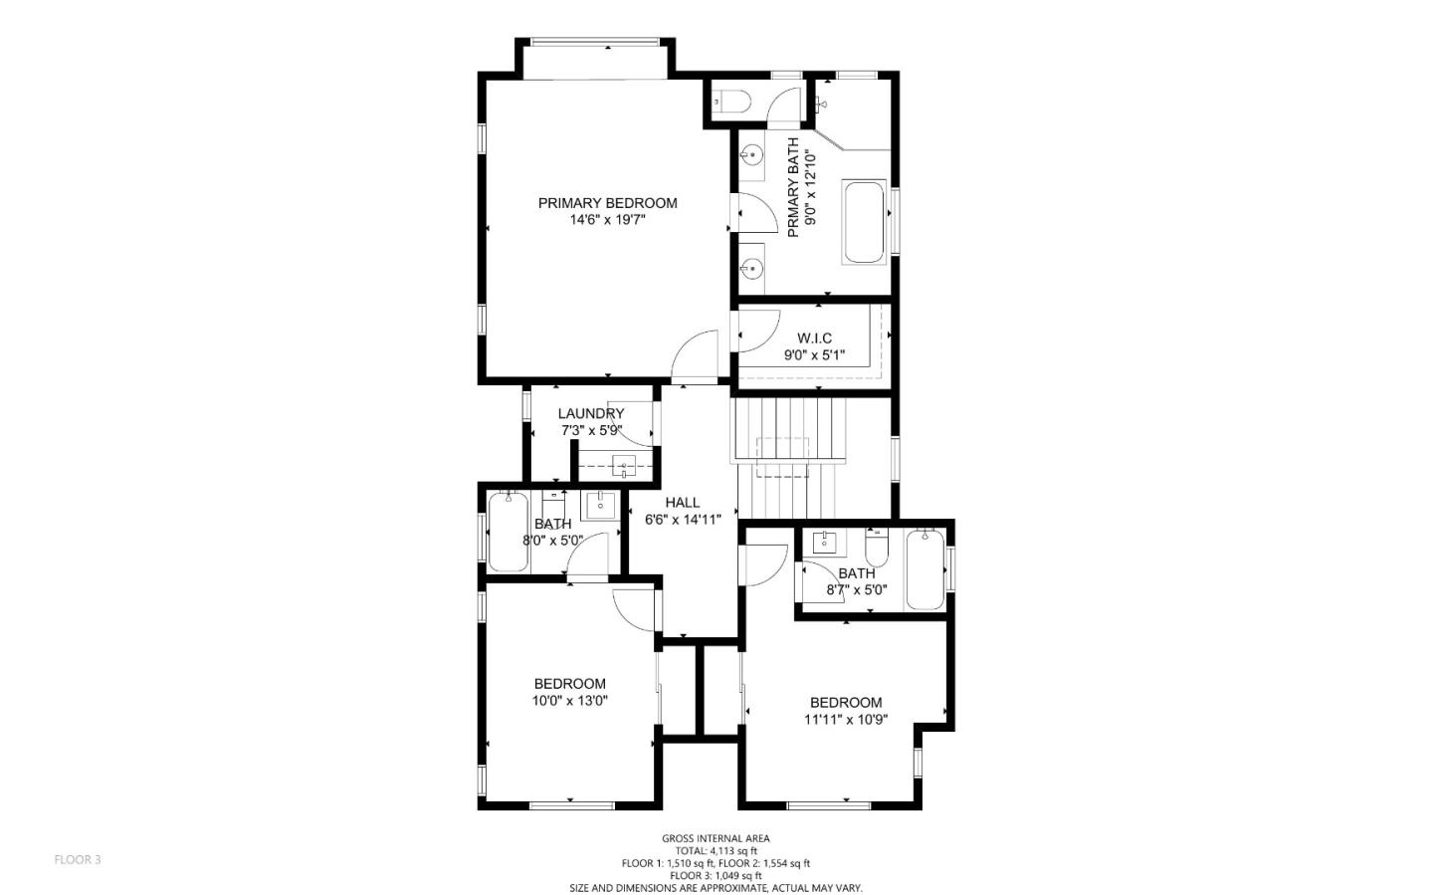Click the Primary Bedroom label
(607, 203)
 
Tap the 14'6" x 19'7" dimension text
(607, 220)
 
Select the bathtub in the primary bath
(864, 222)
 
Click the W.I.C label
(814, 338)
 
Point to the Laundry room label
(590, 414)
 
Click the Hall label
(682, 503)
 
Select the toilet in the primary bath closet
(730, 101)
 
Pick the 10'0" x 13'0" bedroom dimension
(569, 700)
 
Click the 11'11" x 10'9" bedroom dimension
(845, 719)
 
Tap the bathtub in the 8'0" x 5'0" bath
(508, 533)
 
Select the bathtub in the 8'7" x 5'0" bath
(924, 570)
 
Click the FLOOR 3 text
(78, 859)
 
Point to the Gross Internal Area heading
(716, 838)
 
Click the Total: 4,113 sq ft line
(716, 851)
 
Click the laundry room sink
(624, 464)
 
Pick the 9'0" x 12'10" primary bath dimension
(810, 187)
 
